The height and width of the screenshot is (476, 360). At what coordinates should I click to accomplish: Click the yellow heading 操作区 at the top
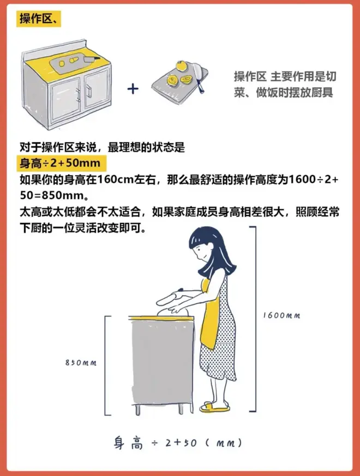pyautogui.click(x=39, y=19)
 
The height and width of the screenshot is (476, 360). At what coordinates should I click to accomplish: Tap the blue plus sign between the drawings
pyautogui.click(x=133, y=89)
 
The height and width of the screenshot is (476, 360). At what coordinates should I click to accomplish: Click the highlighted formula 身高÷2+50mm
pyautogui.click(x=62, y=164)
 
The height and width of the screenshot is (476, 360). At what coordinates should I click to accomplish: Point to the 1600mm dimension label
pyautogui.click(x=281, y=315)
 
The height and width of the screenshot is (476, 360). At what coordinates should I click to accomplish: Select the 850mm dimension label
pyautogui.click(x=81, y=363)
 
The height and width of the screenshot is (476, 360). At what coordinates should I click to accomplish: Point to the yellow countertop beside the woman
pyautogui.click(x=161, y=318)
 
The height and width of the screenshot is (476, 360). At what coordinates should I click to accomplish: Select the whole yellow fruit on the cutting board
pyautogui.click(x=181, y=66)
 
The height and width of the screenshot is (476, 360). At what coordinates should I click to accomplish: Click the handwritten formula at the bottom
pyautogui.click(x=178, y=443)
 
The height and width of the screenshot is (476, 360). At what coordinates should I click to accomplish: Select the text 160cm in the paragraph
pyautogui.click(x=116, y=180)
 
